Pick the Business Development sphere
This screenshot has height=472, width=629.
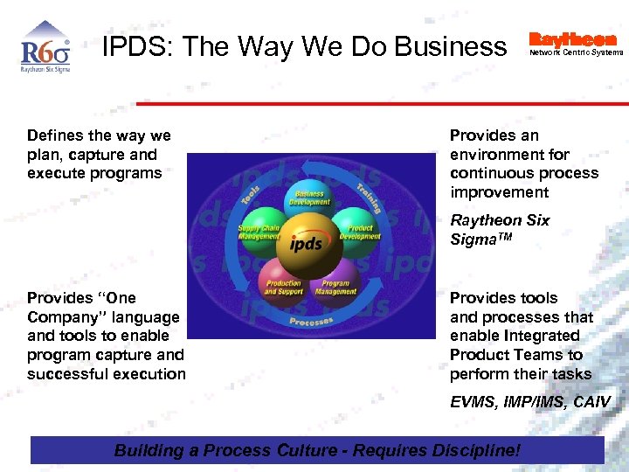[309, 198]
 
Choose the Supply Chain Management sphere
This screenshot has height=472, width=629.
[261, 231]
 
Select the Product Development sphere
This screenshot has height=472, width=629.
[359, 231]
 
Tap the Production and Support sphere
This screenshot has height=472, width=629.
[282, 286]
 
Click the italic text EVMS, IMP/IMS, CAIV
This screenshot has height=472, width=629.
[530, 402]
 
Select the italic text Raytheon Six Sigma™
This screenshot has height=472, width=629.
[500, 229]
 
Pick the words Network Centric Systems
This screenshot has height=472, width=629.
[577, 52]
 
